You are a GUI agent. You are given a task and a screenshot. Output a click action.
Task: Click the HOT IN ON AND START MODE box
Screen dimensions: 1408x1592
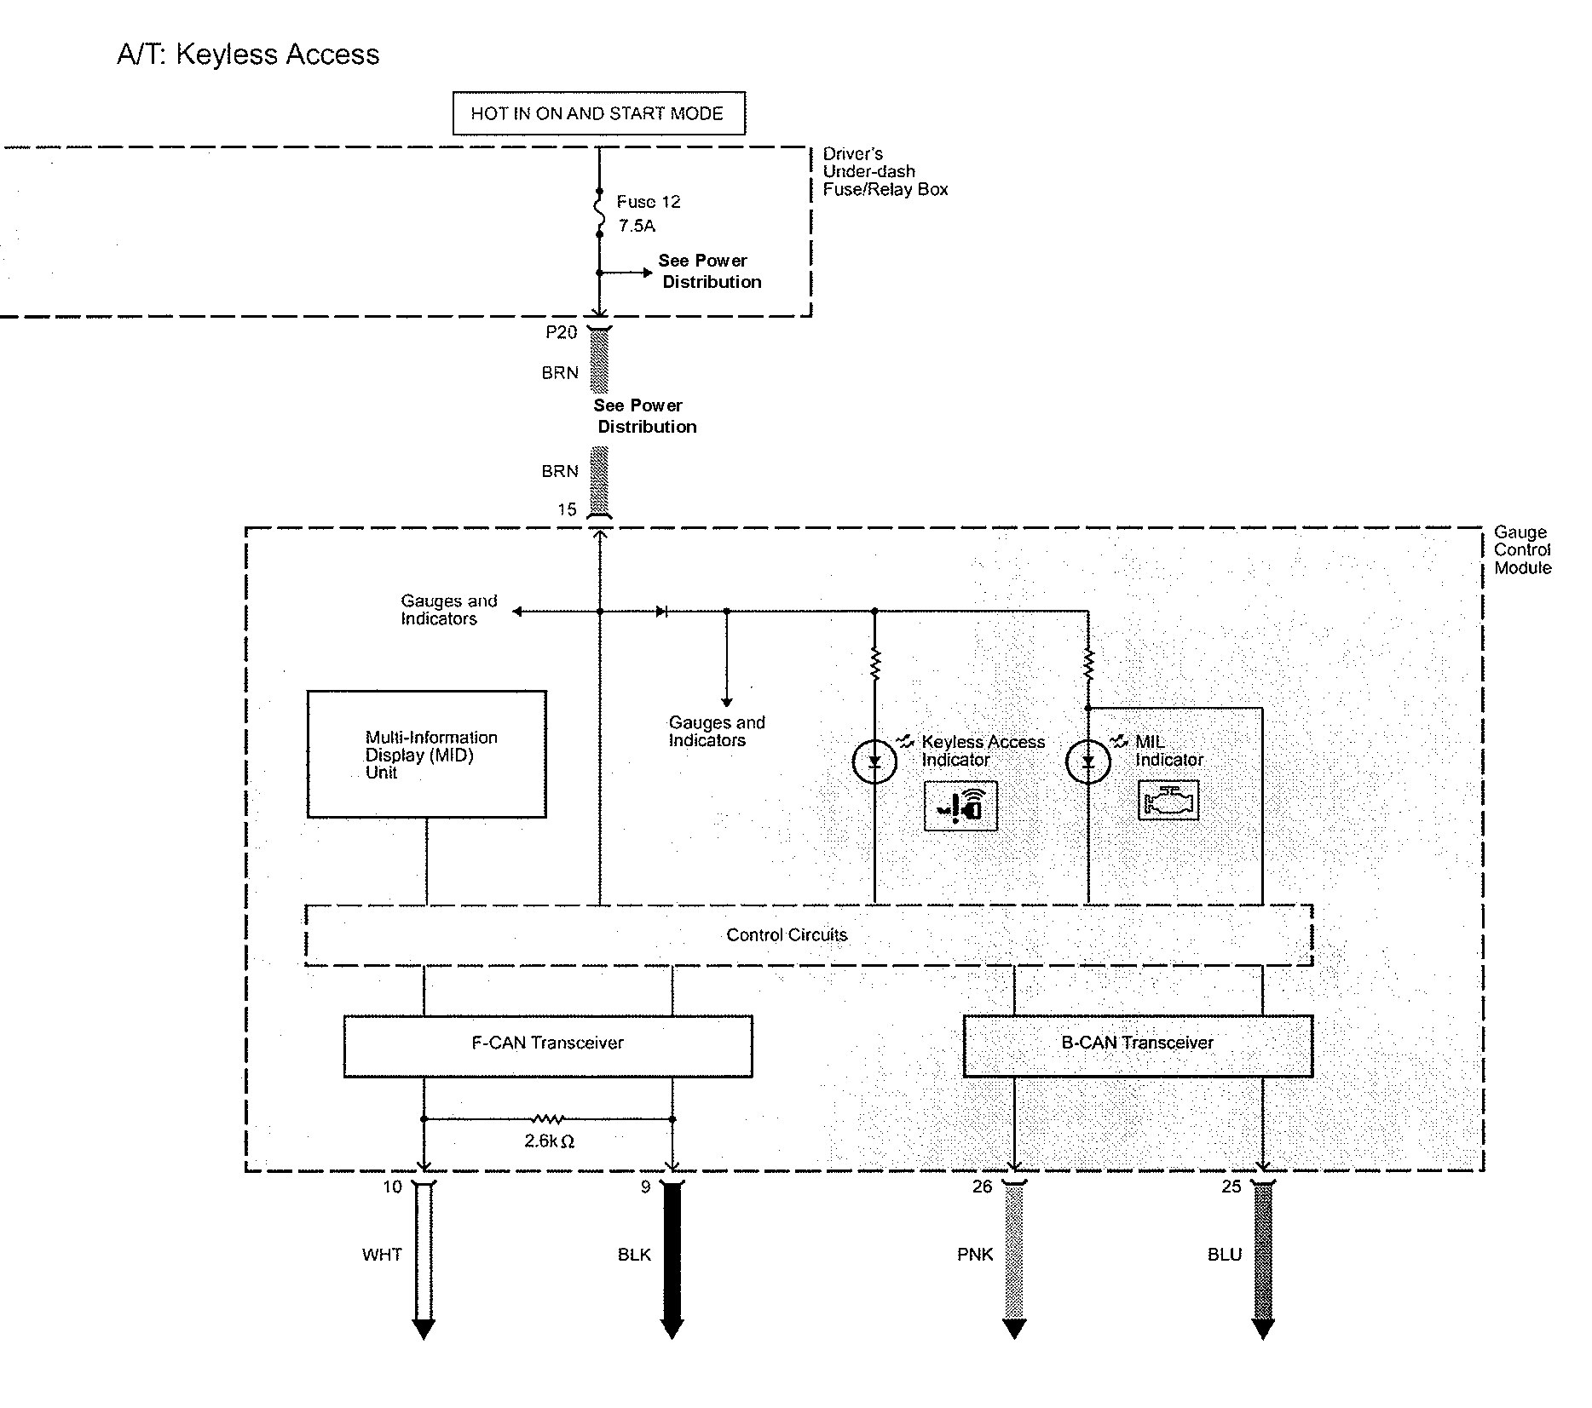pos(598,113)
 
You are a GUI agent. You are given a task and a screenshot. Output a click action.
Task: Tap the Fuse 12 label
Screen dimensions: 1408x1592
pos(649,202)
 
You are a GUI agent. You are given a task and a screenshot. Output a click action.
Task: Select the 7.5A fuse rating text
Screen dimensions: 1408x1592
pos(637,226)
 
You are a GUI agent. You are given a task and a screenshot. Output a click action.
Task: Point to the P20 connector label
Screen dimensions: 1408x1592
pos(561,332)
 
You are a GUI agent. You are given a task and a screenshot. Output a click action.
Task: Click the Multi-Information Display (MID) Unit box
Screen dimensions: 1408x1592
pos(426,754)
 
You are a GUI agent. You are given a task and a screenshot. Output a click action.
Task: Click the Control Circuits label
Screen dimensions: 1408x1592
pos(787,935)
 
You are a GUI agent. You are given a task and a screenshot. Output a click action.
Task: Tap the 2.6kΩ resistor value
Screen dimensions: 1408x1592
pos(549,1141)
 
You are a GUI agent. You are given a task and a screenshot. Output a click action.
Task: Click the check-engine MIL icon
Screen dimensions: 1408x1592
pos(1168,801)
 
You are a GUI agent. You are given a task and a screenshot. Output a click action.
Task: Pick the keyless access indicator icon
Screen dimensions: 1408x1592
pos(960,806)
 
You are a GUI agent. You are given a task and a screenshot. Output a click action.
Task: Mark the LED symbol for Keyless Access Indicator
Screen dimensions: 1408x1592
pos(874,761)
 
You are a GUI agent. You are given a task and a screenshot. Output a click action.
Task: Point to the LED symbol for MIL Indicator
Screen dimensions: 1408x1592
pos(1088,761)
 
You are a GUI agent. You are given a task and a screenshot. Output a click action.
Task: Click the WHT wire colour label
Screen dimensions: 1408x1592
pos(382,1255)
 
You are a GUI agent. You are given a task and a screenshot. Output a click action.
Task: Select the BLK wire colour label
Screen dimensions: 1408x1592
pos(634,1255)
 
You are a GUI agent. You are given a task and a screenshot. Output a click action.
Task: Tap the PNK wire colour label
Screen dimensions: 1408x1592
pos(975,1255)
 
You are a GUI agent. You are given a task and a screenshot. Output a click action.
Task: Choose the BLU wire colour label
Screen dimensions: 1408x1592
pos(1225,1255)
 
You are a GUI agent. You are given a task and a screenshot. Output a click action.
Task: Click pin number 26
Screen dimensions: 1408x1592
pos(983,1187)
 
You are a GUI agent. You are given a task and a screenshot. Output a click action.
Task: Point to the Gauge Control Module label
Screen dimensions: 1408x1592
pos(1522,550)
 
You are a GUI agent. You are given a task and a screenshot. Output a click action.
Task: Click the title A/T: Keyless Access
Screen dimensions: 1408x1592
pos(248,55)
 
